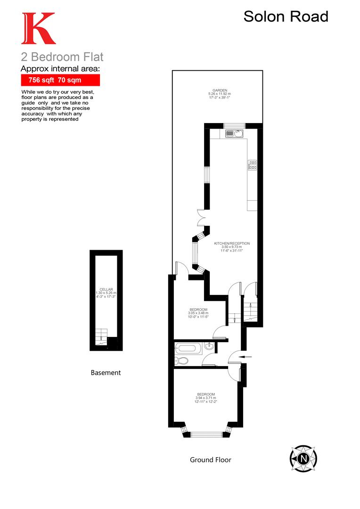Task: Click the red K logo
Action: pos(38,29)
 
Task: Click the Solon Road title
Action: pos(286,16)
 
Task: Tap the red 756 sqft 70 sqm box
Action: pos(60,80)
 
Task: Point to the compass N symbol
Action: pos(303,458)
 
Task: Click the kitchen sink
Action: pos(233,134)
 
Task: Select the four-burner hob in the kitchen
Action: pos(253,164)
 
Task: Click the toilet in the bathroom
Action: pos(181,361)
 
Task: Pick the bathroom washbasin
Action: pos(210,348)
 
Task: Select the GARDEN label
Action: pos(220,90)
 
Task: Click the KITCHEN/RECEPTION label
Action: pos(232,244)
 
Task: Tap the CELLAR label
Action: pos(106,289)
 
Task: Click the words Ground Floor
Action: pos(210,460)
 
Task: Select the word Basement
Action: pos(106,372)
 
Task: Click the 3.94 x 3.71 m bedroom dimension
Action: pos(206,398)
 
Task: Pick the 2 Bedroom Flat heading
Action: pos(62,57)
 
